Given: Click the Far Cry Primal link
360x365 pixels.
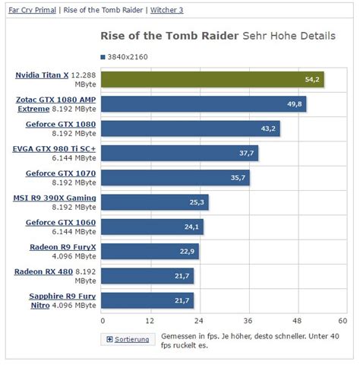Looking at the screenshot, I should [x=30, y=11].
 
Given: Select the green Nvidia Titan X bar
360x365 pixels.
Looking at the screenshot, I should [x=212, y=79].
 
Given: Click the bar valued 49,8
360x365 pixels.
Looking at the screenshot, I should [x=203, y=103].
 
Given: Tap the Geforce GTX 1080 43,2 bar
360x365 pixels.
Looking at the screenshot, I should [x=190, y=129].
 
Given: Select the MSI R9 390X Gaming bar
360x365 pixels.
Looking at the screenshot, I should [x=154, y=202].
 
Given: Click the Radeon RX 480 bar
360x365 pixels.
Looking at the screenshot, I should [x=147, y=275].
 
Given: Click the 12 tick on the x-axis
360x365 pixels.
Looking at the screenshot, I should [x=150, y=320].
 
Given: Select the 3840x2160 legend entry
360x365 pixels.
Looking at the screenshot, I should [x=126, y=56].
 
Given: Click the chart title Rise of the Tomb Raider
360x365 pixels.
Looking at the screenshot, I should [x=169, y=36].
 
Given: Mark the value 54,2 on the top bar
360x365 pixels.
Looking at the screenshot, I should [x=313, y=79].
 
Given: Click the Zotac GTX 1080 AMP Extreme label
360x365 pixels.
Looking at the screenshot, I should [x=55, y=103].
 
